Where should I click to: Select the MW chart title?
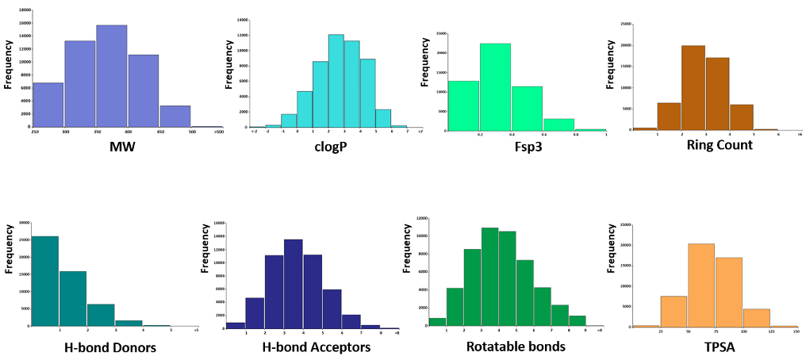(111, 147)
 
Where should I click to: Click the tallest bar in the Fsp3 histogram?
(495, 87)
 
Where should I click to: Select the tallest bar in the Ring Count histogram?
(693, 87)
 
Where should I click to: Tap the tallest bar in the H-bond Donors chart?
(45, 281)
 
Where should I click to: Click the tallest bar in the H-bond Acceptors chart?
(294, 283)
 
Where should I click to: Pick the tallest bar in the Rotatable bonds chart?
(489, 278)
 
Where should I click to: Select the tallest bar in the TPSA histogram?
(700, 285)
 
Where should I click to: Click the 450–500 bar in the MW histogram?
(175, 116)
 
